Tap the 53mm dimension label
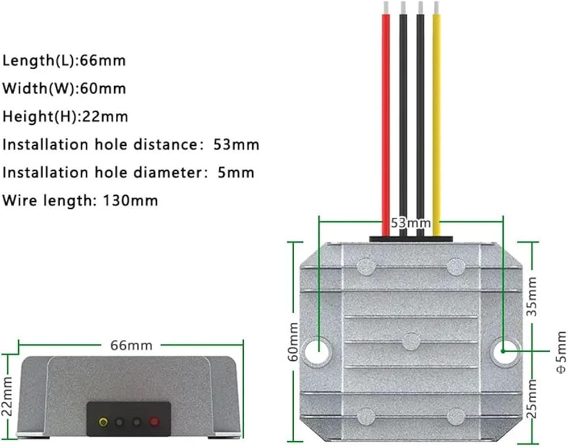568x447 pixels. click(x=411, y=223)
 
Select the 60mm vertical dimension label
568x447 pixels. click(x=294, y=341)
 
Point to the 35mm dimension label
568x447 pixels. click(x=532, y=297)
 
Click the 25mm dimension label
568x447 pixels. click(x=532, y=398)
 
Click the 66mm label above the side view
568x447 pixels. click(x=131, y=345)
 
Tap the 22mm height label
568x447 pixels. click(x=7, y=397)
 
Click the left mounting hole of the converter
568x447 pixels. click(x=318, y=351)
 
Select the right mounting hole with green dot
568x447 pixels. click(x=504, y=351)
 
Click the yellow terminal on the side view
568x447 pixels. click(x=103, y=421)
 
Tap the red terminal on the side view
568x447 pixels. click(x=154, y=421)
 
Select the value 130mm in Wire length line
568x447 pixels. click(x=131, y=200)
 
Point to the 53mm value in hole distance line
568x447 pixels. click(x=236, y=145)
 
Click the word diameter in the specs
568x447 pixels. click(x=166, y=172)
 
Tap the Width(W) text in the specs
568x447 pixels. click(x=39, y=88)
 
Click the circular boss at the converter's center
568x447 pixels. click(x=411, y=341)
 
